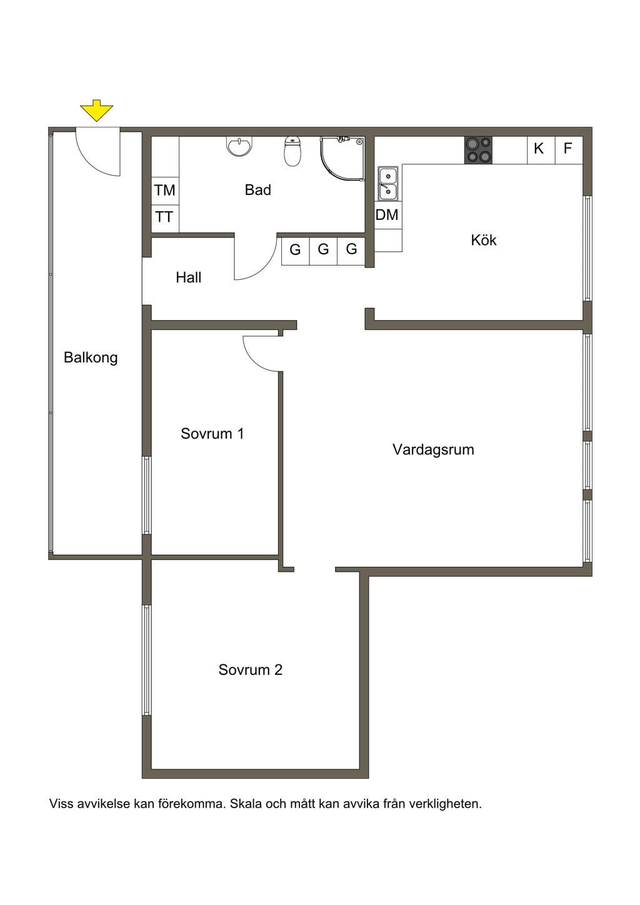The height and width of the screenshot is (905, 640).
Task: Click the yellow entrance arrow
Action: pos(97,110)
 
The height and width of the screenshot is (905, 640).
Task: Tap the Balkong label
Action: pos(91,357)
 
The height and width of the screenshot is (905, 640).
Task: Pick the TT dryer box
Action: pos(165,219)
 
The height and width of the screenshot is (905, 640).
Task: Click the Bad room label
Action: pos(257,190)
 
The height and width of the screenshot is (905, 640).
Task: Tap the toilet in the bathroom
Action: pos(292,151)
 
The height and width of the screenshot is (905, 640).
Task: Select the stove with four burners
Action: pos(478,150)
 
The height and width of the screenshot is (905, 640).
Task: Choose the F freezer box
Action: pos(569,150)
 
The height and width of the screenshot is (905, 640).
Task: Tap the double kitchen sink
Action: pos(388,184)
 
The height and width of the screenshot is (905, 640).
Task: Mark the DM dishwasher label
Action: pos(387,215)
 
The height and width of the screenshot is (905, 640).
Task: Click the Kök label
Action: pos(484,241)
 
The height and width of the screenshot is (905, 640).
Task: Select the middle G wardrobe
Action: pos(323,251)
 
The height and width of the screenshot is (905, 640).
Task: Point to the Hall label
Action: pos(189,277)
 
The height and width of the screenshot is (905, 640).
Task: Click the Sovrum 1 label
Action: pos(212,434)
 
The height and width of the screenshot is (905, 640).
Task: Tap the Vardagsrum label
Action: pos(433,450)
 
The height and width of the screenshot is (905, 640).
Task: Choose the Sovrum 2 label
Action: pos(251,670)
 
